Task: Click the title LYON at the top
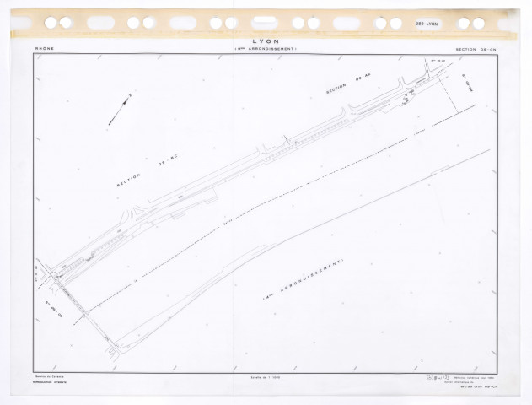pyautogui.click(x=266, y=40)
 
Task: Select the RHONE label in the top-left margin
pyautogui.click(x=44, y=49)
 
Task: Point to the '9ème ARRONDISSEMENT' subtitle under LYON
pyautogui.click(x=266, y=51)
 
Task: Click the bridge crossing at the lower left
pyautogui.click(x=83, y=308)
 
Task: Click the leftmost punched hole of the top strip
pyautogui.click(x=51, y=23)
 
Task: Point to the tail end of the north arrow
pyautogui.click(x=109, y=124)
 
